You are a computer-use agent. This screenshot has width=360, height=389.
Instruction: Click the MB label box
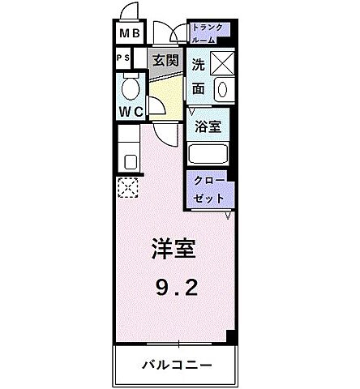pyautogui.click(x=128, y=35)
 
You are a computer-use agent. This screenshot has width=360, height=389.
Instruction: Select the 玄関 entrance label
pyautogui.click(x=165, y=59)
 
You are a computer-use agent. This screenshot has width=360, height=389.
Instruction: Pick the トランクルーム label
pyautogui.click(x=210, y=33)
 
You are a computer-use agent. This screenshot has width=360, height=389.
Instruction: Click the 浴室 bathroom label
pyautogui.click(x=208, y=126)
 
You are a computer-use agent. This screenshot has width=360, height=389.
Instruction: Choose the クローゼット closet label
pyautogui.click(x=210, y=189)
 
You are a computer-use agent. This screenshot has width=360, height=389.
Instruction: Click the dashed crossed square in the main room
pyautogui.click(x=128, y=188)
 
